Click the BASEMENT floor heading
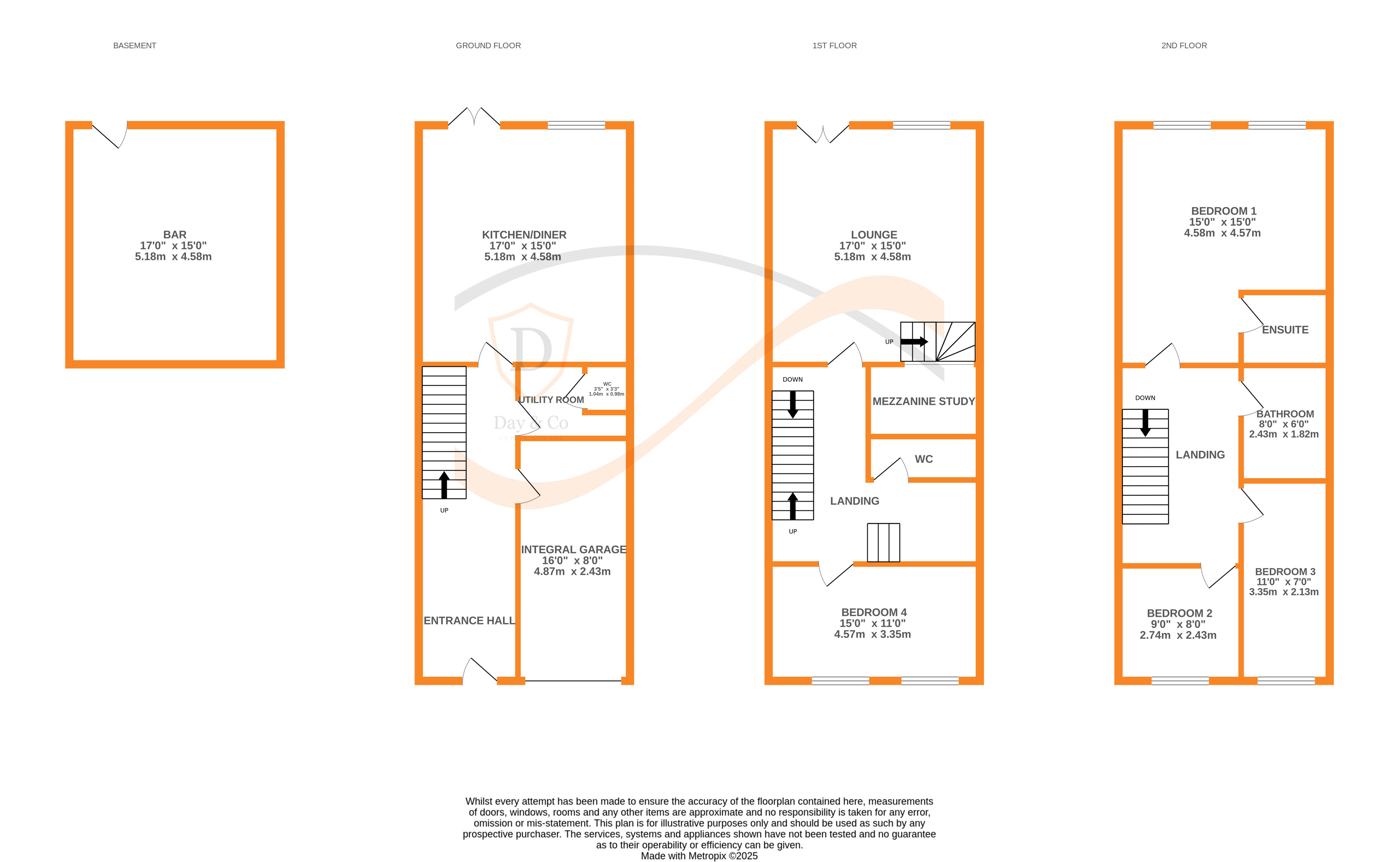point(134,45)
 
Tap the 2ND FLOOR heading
point(1184,45)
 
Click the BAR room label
point(174,234)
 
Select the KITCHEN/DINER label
point(524,234)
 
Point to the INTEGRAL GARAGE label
point(573,550)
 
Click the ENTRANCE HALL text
point(469,620)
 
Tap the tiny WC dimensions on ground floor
point(606,391)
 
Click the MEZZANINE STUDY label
point(923,401)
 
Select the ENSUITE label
point(1285,330)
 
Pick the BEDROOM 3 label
point(1285,571)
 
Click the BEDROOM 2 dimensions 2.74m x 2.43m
point(1178,635)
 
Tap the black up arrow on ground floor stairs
point(444,484)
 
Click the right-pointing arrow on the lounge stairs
point(914,342)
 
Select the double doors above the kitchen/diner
point(474,117)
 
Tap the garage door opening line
point(573,681)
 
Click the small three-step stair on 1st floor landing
point(883,542)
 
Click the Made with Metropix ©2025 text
point(699,856)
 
